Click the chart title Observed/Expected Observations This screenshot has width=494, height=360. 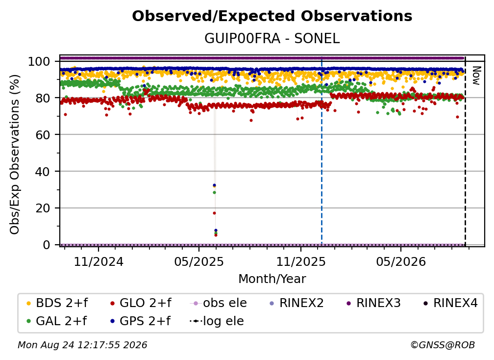(272, 16)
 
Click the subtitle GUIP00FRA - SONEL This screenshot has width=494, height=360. (272, 38)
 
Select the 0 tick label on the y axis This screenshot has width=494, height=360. (47, 245)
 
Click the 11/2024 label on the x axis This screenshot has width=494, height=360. (99, 261)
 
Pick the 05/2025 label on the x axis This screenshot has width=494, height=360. (199, 261)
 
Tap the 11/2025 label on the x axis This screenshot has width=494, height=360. (301, 261)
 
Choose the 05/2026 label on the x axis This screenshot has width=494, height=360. (401, 261)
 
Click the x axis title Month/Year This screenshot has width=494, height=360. (272, 279)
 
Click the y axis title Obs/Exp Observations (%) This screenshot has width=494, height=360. (14, 154)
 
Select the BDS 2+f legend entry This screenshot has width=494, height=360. (57, 303)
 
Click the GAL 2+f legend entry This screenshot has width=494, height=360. (56, 321)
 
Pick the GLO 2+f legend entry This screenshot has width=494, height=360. (141, 303)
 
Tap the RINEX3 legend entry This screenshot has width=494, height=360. (373, 303)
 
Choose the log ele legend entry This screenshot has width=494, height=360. (217, 321)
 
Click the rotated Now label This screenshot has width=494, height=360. (476, 76)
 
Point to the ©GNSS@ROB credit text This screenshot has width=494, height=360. (443, 345)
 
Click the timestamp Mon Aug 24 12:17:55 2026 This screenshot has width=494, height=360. (82, 345)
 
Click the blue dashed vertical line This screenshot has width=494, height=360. (321, 151)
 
